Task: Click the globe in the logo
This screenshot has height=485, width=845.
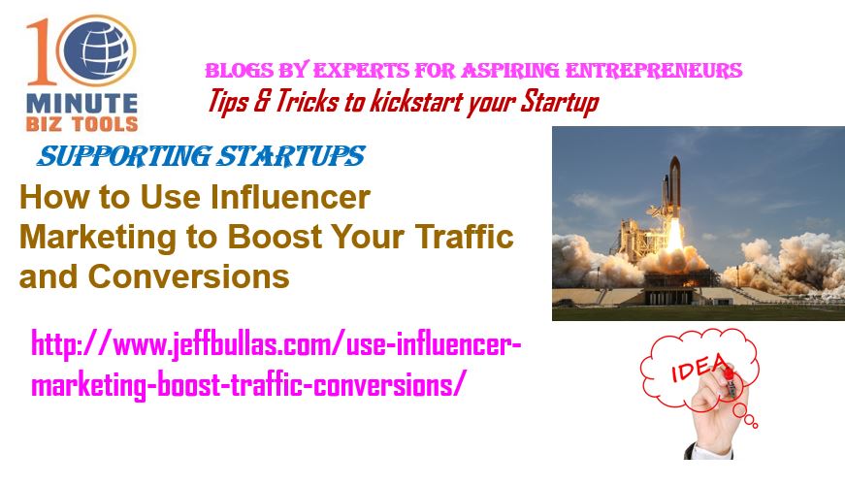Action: click(96, 50)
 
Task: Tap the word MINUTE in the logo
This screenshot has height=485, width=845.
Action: click(81, 104)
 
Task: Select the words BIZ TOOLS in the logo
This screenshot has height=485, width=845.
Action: click(81, 124)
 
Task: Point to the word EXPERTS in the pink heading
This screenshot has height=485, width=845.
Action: click(361, 71)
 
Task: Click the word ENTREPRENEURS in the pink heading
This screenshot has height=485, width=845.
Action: click(654, 71)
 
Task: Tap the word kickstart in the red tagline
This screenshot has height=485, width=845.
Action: click(415, 102)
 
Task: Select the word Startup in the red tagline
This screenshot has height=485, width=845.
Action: click(560, 103)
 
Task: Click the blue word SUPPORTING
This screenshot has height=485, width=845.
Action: click(124, 156)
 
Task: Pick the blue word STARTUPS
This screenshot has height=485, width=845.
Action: click(290, 156)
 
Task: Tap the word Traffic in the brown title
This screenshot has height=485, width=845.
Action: click(464, 236)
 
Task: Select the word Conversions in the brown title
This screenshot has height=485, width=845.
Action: click(188, 276)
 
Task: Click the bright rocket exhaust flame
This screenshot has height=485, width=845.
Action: click(674, 238)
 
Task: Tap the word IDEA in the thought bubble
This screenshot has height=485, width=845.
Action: click(699, 368)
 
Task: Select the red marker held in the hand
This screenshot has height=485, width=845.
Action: click(730, 381)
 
